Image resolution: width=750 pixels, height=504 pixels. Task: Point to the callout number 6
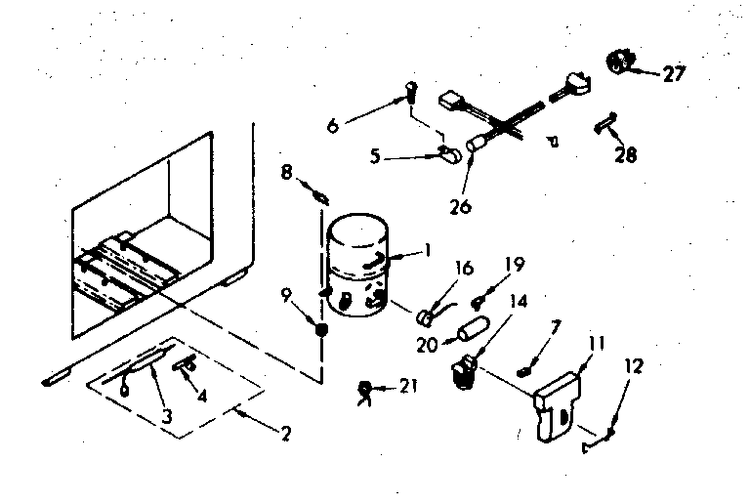333,125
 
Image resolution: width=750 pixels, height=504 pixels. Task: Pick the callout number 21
406,389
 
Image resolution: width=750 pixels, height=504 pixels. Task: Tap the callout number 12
633,366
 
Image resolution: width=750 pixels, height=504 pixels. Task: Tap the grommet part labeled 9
321,330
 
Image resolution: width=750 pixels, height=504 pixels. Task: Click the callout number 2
284,434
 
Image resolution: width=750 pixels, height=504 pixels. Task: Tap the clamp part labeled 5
451,153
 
